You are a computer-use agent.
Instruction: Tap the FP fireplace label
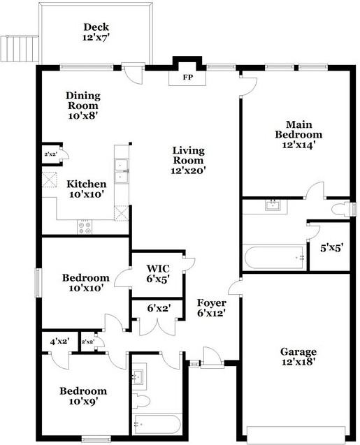(187, 78)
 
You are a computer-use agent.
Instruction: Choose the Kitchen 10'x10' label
(87, 189)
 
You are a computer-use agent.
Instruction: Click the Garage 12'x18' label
(299, 358)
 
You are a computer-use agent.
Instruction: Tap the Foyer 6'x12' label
(210, 309)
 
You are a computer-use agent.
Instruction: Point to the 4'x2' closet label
(60, 342)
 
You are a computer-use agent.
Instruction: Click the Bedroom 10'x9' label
(83, 396)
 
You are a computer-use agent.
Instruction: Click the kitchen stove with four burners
(86, 226)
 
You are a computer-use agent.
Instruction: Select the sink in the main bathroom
(273, 205)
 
